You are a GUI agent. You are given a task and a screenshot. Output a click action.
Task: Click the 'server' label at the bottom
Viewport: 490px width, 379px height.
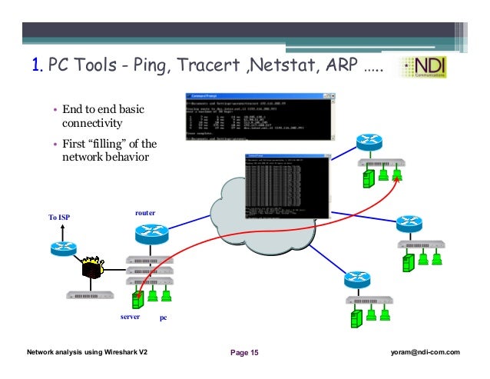click(x=131, y=316)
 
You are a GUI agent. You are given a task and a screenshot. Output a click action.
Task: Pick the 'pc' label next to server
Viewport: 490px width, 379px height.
click(x=163, y=317)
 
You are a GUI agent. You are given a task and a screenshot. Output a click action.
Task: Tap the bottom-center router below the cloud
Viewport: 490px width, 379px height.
click(x=358, y=279)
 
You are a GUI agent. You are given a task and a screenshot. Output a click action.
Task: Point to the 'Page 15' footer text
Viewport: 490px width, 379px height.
click(x=245, y=353)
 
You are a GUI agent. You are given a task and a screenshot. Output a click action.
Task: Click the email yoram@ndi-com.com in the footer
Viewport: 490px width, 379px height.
click(x=424, y=352)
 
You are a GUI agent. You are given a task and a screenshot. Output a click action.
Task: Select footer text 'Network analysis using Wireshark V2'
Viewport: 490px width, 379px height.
click(x=87, y=352)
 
